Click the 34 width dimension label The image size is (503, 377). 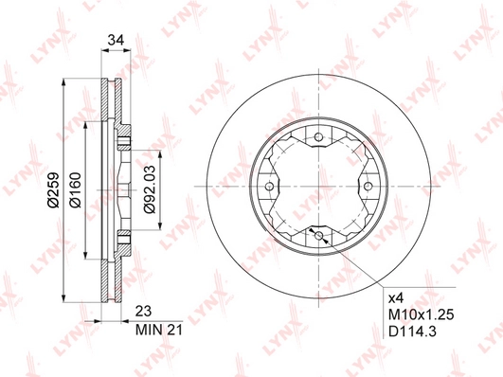pos(116,40)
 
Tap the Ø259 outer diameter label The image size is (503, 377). pos(53,190)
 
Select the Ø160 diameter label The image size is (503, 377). pos(75,190)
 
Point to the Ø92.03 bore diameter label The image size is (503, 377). pos(150,189)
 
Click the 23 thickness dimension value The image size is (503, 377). pos(143,312)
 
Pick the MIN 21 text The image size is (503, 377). pos(159,330)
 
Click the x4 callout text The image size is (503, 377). pos(396,299)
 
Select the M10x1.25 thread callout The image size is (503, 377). pos(422,315)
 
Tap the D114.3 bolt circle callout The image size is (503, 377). pos(413,332)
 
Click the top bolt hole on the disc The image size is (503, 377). pos(318,137)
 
